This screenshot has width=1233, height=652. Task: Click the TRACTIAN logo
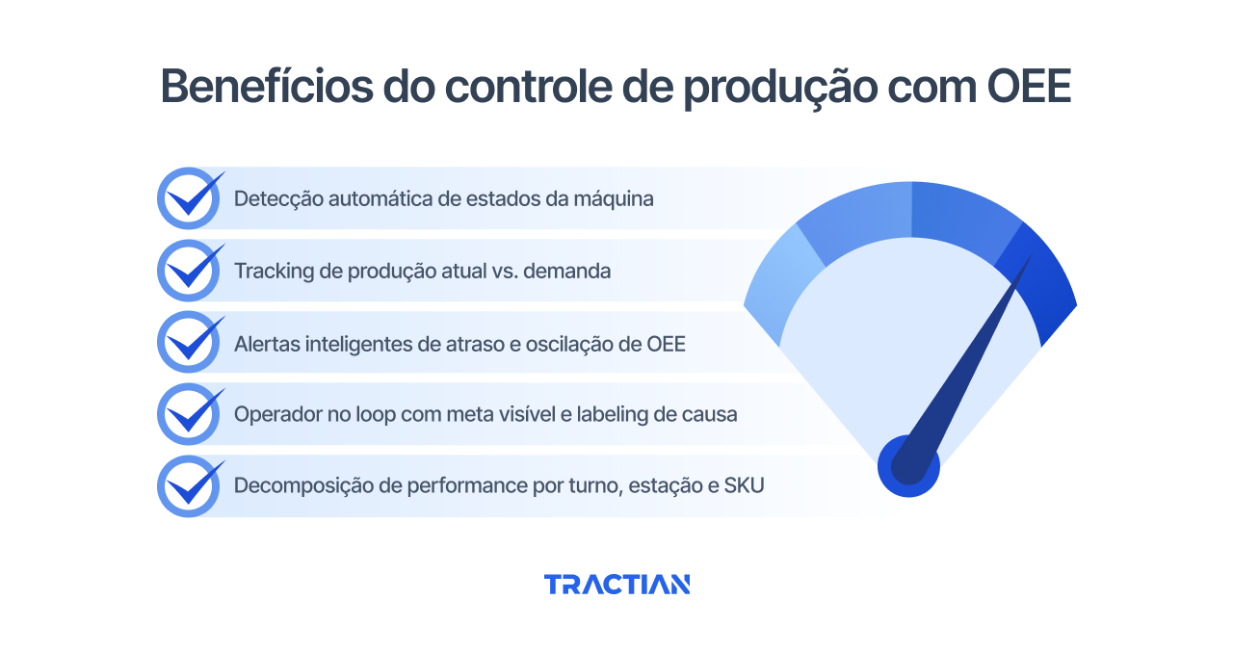coord(616,585)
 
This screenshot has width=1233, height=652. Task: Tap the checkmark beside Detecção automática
coord(190,198)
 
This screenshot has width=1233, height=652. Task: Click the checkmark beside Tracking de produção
coord(190,271)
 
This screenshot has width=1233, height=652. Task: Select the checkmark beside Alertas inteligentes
coord(190,343)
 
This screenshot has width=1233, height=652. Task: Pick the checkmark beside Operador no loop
coord(190,414)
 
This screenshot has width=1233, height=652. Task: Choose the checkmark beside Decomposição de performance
coord(190,486)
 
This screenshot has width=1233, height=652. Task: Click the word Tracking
coord(273,272)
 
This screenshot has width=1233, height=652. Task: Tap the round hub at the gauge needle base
coord(908,467)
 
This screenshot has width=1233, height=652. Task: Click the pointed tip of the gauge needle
coord(1030,257)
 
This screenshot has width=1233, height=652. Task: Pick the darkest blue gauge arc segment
coord(1043,285)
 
